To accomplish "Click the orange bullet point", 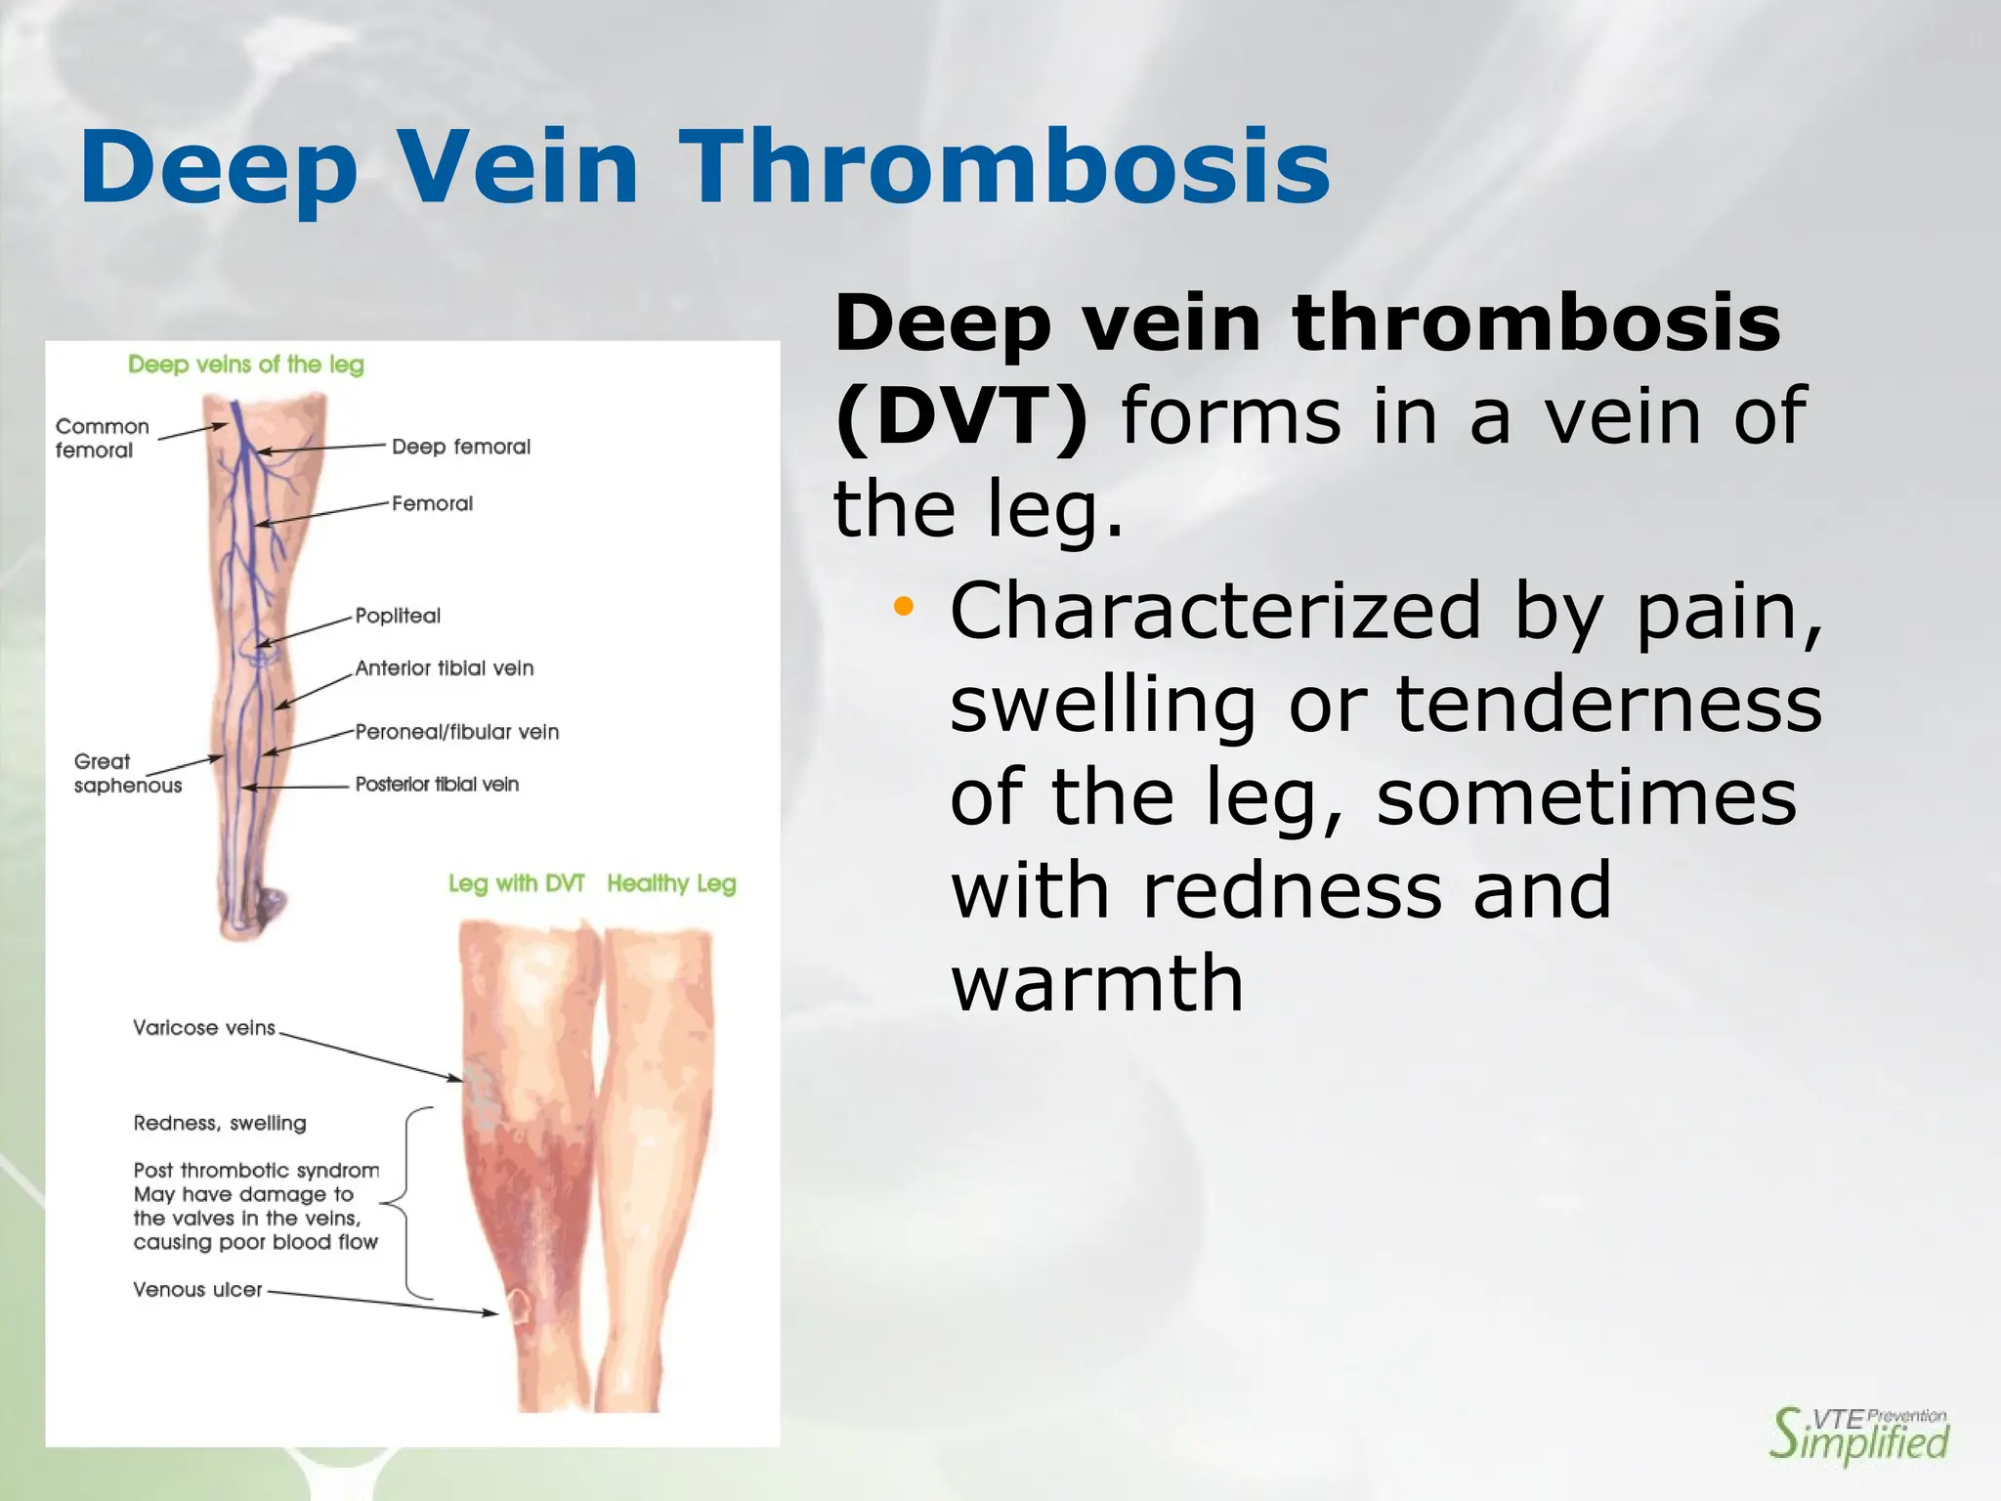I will coord(903,607).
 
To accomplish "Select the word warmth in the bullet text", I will coord(1096,983).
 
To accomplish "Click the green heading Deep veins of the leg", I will coord(246,365).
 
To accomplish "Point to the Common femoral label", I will coord(102,438).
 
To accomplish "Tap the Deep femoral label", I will coord(461,447).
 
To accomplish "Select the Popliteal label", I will coord(398,616).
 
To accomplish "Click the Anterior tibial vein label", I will coord(445,668).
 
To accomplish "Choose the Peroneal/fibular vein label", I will coord(457,732).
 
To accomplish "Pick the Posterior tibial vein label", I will coord(437,785).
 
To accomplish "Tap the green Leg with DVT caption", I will coord(516,883).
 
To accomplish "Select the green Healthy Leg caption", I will coord(671,883).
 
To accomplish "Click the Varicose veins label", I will coord(204,1028).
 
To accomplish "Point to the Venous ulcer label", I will coord(197,1290).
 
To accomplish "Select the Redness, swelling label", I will coord(220,1124).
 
